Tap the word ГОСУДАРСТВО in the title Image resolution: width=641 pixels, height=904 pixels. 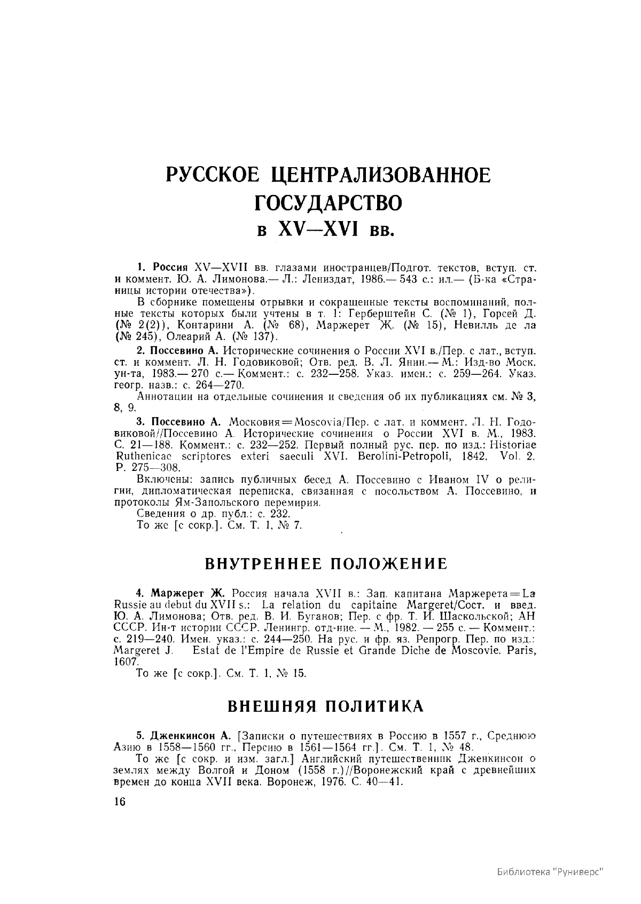326,203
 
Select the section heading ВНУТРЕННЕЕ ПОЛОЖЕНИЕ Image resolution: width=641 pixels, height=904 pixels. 326,564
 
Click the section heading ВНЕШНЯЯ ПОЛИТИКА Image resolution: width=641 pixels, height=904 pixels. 326,705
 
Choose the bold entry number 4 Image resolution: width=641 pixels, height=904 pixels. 140,594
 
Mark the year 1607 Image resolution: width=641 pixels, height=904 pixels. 124,661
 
